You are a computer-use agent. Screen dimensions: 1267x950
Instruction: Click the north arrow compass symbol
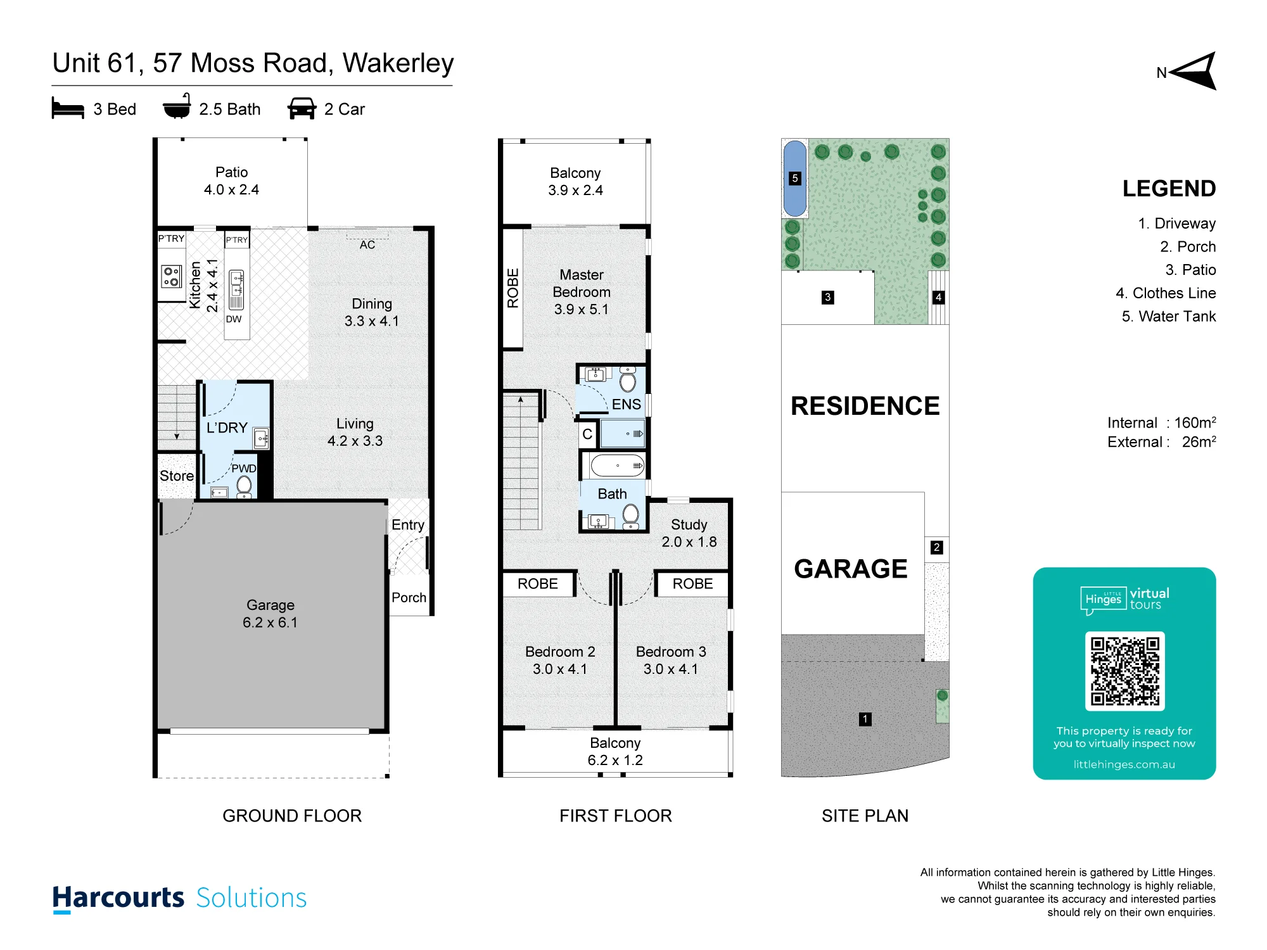(1194, 72)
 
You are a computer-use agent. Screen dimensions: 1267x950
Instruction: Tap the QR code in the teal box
(1124, 671)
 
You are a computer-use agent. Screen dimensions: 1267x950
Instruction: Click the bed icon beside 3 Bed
(68, 108)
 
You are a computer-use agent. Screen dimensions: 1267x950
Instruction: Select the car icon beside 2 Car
(302, 108)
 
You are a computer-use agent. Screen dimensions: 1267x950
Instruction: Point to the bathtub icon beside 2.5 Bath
(177, 106)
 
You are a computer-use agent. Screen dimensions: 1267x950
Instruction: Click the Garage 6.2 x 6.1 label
(271, 614)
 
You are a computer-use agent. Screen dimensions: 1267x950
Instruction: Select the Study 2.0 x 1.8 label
(689, 533)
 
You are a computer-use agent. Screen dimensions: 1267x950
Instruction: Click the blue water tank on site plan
(795, 179)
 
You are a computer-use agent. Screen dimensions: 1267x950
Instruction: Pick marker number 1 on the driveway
(865, 719)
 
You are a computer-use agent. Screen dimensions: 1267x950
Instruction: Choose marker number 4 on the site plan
(938, 297)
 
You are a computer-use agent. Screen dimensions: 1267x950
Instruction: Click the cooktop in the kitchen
(171, 276)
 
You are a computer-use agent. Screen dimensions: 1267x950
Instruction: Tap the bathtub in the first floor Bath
(618, 465)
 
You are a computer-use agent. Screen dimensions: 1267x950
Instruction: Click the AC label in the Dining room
(367, 244)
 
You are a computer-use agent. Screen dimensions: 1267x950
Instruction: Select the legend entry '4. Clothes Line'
(1166, 293)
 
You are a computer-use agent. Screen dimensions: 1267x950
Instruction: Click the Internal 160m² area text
(1162, 422)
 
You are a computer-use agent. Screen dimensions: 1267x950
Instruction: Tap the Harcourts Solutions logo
(179, 898)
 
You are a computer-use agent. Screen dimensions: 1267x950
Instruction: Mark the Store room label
(177, 476)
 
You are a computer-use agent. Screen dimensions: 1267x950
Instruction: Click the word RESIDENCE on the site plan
(865, 406)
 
